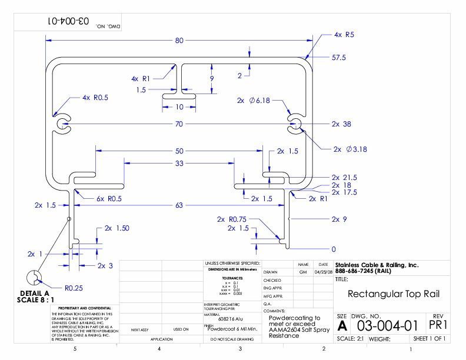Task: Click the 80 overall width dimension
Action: click(x=179, y=41)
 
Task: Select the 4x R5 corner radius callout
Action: click(x=344, y=35)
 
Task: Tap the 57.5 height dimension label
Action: click(x=338, y=58)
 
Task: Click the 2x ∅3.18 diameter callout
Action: click(x=350, y=149)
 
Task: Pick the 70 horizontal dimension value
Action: click(x=179, y=124)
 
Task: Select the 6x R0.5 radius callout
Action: click(x=109, y=199)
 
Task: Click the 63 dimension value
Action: click(x=179, y=205)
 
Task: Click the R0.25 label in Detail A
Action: click(x=73, y=288)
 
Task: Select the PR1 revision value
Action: click(x=436, y=325)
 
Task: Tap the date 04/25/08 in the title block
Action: click(x=323, y=272)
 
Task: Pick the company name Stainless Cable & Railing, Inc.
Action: click(x=376, y=265)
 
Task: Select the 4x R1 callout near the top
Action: click(x=141, y=78)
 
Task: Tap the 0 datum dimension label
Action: click(x=334, y=249)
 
